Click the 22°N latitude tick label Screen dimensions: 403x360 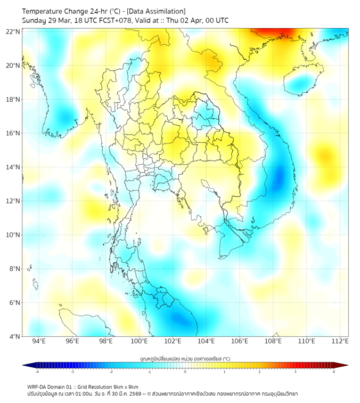click(13, 31)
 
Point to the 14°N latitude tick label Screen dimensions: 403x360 click(13, 167)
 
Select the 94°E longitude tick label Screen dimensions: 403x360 click(39, 341)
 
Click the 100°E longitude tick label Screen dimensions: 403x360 click(139, 341)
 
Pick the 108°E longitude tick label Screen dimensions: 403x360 click(273, 341)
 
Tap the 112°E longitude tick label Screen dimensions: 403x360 click(340, 341)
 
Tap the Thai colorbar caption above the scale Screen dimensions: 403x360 click(185, 358)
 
